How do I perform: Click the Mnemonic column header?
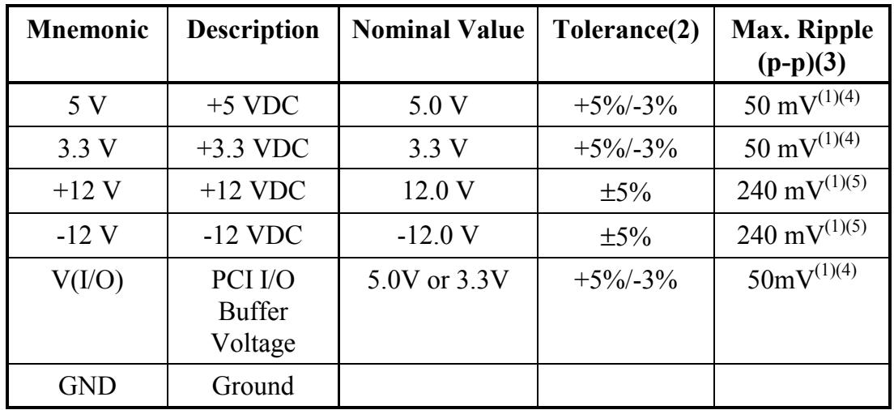pos(87,31)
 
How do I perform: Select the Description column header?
pos(253,31)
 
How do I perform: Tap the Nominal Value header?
pos(438,31)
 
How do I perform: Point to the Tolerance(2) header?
pos(626,31)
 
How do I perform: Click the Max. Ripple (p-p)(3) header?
pos(802,45)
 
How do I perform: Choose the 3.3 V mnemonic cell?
pos(87,148)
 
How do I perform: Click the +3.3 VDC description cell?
pos(253,148)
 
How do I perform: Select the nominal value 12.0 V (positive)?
pos(438,191)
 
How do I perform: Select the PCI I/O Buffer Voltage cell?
pos(253,311)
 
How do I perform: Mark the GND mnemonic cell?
pos(87,386)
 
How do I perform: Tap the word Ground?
pos(253,386)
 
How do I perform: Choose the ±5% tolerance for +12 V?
pos(626,192)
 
